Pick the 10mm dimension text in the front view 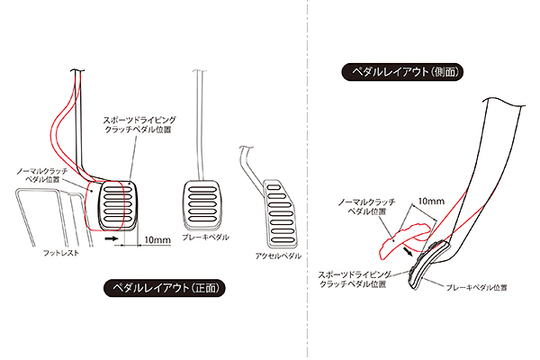(157, 239)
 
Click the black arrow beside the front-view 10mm (111, 240)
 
